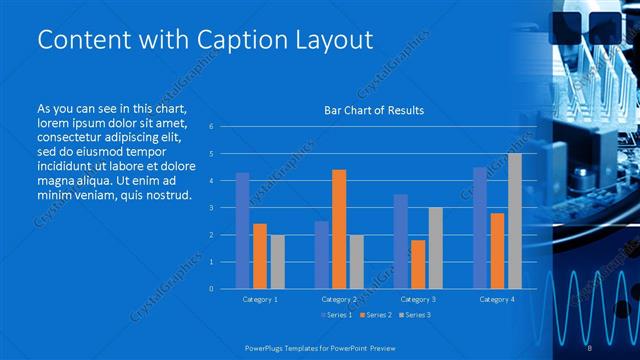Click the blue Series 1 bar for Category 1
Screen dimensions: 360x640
242,231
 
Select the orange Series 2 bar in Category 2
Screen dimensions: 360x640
339,229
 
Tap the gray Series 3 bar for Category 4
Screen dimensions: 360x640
514,221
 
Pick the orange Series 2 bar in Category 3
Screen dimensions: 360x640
418,264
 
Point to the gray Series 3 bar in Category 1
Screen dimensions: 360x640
277,262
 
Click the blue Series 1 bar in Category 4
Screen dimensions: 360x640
480,228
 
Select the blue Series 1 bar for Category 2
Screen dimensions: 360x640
321,255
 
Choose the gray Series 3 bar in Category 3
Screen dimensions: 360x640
435,248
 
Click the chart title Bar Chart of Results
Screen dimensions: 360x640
374,110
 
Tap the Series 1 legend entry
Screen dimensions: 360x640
338,316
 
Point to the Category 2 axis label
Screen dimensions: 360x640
339,299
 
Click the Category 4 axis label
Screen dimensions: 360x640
497,299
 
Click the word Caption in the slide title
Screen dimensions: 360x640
215,39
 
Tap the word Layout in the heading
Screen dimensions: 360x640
329,39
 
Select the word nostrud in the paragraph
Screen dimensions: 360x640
165,193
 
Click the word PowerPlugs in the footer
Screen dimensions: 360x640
267,346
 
